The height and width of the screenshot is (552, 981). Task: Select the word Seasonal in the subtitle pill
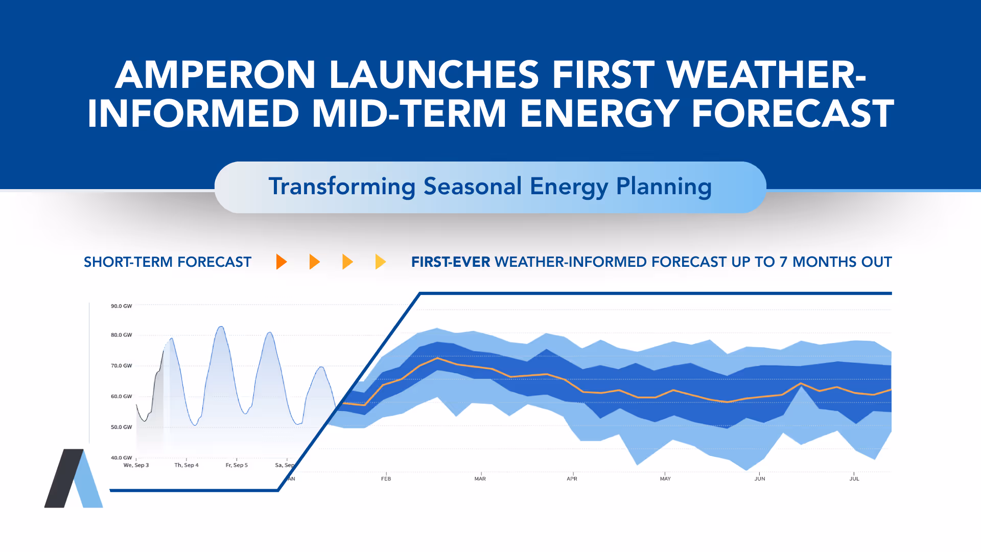473,186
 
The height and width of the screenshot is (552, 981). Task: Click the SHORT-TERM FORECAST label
168,262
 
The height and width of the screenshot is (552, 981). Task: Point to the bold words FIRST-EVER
451,262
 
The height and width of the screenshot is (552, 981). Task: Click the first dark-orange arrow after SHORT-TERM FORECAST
281,262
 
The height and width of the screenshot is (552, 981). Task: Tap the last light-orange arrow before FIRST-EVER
380,262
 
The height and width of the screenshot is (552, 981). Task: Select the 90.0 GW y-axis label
121,306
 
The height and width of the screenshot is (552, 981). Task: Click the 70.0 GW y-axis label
121,366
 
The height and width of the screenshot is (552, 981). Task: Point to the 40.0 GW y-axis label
121,458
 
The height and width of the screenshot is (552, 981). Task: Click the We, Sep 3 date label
136,465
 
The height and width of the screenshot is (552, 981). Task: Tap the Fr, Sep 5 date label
237,465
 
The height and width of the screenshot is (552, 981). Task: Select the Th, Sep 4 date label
186,465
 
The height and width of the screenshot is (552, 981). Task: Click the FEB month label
386,479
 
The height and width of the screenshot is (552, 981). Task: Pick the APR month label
572,479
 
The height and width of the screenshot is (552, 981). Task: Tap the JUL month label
854,479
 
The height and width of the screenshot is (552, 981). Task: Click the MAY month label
665,479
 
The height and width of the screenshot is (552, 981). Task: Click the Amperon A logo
74,479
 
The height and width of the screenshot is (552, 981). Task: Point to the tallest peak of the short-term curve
221,327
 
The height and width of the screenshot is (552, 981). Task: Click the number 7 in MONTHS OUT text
783,262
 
